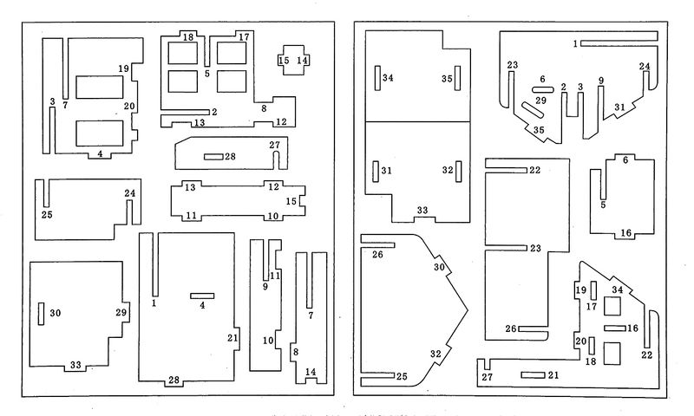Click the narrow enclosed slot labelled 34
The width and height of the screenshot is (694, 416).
(x=377, y=78)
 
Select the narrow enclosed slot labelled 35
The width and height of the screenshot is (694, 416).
(x=458, y=78)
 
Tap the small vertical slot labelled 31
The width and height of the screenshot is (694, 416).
(x=376, y=172)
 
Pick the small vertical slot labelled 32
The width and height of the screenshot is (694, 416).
(x=459, y=172)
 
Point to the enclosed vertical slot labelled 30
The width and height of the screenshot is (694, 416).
(x=41, y=314)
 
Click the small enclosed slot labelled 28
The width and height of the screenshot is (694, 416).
(x=213, y=157)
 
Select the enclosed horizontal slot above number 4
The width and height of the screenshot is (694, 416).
(x=202, y=296)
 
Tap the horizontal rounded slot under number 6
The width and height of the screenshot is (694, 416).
(x=543, y=90)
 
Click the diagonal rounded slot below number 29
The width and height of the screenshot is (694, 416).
(x=533, y=110)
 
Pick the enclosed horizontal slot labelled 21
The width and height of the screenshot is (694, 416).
(x=533, y=375)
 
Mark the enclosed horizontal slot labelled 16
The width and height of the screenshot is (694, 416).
(x=615, y=328)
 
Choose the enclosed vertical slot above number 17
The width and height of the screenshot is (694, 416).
(x=594, y=290)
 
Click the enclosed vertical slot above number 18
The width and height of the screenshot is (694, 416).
(x=592, y=345)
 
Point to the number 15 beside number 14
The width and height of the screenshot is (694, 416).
(x=285, y=60)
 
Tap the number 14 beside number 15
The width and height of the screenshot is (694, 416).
(x=302, y=60)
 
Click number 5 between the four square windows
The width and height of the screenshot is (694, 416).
(x=207, y=74)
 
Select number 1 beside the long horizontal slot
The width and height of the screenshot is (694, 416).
(x=575, y=43)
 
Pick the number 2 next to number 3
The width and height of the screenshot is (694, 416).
(x=563, y=87)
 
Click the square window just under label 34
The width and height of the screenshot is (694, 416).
(x=612, y=306)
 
